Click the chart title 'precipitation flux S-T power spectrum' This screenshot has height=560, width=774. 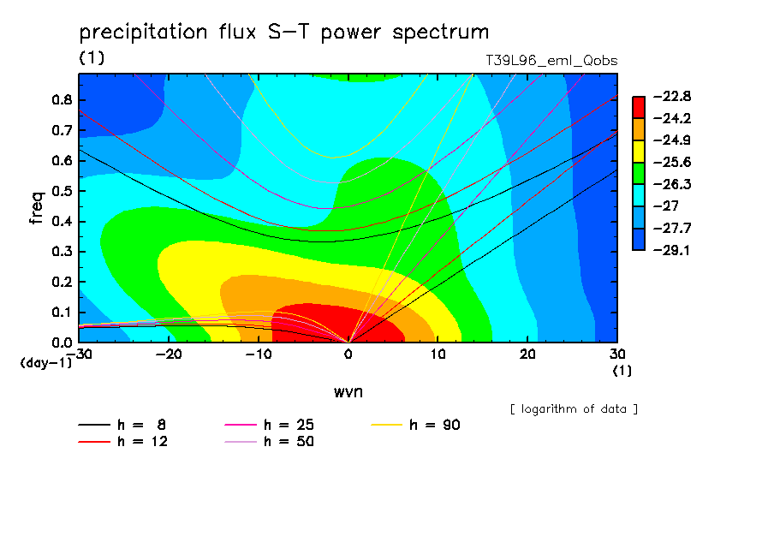284,32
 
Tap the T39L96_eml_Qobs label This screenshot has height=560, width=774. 551,61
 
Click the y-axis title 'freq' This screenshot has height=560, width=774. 37,208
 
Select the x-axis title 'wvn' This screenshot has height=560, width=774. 348,392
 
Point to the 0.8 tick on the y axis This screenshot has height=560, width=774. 62,99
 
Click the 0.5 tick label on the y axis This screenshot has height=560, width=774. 62,191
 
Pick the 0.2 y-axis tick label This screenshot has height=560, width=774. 62,282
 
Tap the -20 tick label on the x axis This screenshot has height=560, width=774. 169,354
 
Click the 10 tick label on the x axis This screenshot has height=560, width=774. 438,354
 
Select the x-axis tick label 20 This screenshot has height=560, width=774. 527,354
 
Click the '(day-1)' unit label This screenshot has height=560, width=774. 45,363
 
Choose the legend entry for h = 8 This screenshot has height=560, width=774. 122,425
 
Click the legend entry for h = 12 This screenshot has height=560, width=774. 123,442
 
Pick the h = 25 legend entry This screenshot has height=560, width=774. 269,425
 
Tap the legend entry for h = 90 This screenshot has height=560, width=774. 415,425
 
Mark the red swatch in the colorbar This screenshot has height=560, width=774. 639,107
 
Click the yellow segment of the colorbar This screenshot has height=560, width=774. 639,152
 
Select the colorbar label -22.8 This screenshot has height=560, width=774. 672,96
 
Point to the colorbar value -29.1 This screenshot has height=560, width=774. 672,250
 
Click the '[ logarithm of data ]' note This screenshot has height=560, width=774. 575,409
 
